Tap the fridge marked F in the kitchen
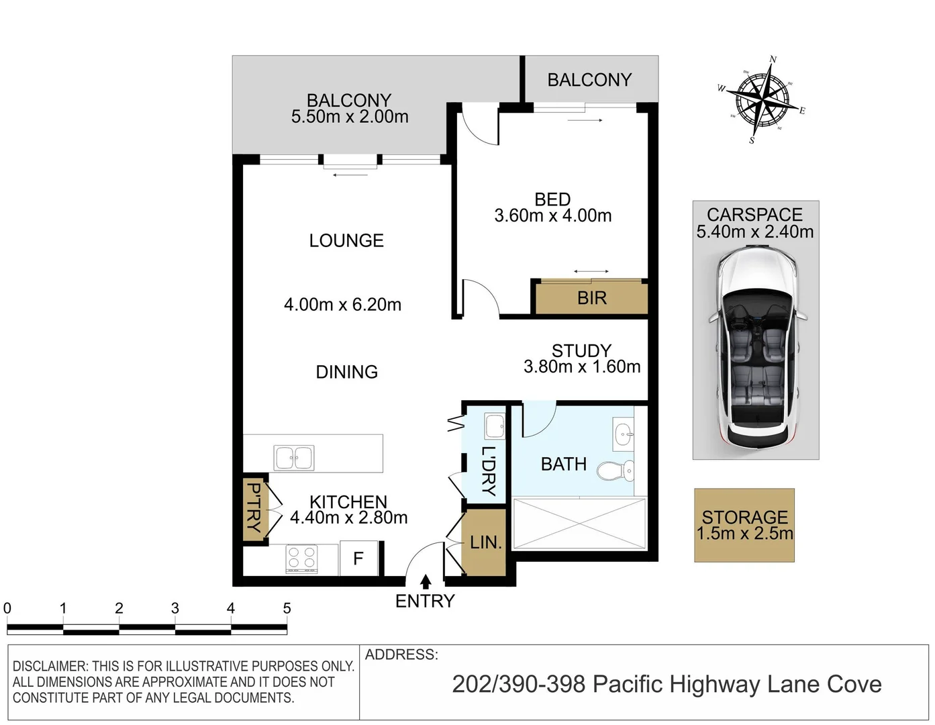(358, 558)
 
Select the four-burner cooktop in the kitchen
(301, 559)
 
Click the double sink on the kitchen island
(294, 457)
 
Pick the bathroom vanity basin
(623, 434)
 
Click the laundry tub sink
(495, 426)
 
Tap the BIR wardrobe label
(591, 298)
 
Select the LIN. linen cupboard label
(486, 542)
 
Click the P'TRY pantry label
(255, 507)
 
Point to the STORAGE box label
(745, 517)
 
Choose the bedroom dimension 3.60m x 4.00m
(553, 215)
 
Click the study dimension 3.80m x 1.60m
(582, 367)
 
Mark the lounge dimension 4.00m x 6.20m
(342, 305)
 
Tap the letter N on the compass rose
(773, 59)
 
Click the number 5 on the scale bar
(287, 608)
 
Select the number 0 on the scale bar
(7, 608)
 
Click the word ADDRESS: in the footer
(401, 655)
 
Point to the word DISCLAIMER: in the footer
(50, 666)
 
